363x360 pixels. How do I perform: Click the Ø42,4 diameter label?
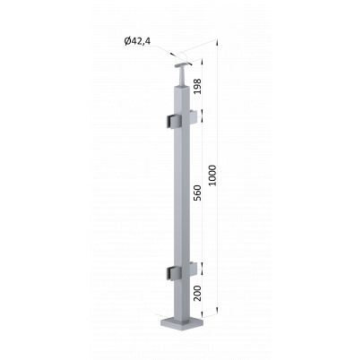137,41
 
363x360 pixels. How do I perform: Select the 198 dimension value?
197,87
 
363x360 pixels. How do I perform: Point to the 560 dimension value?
197,193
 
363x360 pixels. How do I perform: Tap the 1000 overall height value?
212,176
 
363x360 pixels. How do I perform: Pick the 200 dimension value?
197,293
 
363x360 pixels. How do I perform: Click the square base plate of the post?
181,324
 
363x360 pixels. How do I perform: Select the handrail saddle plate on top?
183,64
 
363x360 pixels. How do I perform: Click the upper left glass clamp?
174,123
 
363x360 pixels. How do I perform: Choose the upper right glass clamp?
194,117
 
